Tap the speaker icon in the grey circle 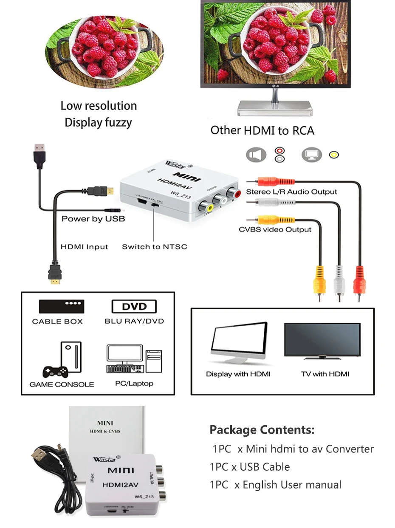point(256,155)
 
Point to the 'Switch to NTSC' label point(154,247)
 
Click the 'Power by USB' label point(93,219)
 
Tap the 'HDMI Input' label point(84,247)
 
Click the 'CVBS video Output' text point(275,230)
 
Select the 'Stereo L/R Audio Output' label point(291,192)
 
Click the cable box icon point(62,306)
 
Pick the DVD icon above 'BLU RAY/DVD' point(134,307)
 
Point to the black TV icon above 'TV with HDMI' point(322,341)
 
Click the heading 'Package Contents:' point(262,430)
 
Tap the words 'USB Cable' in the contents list point(265,467)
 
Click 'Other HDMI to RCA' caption point(262,130)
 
